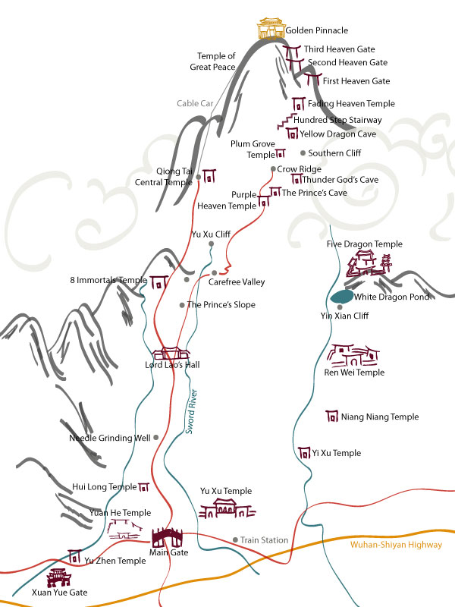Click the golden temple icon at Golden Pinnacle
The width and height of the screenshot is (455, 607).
[x=271, y=28]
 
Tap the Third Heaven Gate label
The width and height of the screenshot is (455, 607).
[x=339, y=49]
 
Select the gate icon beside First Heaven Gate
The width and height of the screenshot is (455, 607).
[x=312, y=80]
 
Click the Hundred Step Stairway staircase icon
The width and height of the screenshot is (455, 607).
[x=286, y=121]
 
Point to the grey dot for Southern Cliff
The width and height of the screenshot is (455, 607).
[x=303, y=153]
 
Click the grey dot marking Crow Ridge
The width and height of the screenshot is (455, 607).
[x=273, y=168]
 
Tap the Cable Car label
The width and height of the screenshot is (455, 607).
[x=195, y=103]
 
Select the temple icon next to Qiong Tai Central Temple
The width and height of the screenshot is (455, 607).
[x=209, y=176]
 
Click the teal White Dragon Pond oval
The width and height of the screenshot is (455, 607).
[x=342, y=297]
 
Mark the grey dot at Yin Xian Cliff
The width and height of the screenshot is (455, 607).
[x=340, y=307]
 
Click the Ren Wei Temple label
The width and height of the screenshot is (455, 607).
[x=354, y=373]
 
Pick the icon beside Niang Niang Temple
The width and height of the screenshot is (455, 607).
[x=332, y=416]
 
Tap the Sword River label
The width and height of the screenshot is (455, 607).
[x=191, y=411]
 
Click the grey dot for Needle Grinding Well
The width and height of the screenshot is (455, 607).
[x=156, y=438]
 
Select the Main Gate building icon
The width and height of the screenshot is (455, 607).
[x=167, y=537]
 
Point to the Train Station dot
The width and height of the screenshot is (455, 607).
[x=235, y=539]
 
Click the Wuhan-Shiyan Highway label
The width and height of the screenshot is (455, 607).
[x=396, y=545]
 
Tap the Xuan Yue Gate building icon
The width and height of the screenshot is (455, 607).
[x=59, y=577]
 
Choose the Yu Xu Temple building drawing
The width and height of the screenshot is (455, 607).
[x=227, y=508]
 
